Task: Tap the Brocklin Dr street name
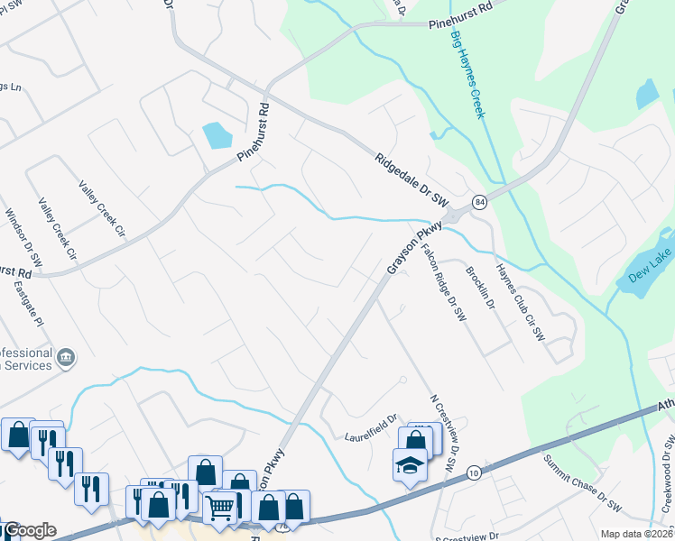coord(480,288)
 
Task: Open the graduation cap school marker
coord(410,466)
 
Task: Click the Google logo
coord(29,530)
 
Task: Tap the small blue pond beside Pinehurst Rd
coord(217,135)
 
